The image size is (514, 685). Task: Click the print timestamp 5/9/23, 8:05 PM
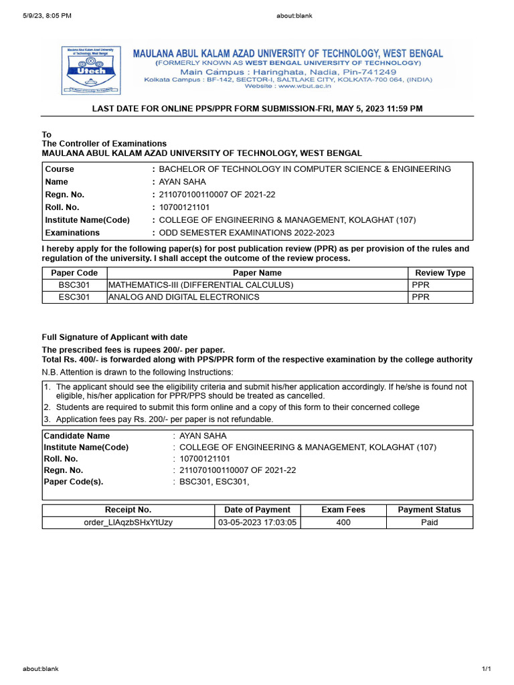[47, 15]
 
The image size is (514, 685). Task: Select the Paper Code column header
[74, 273]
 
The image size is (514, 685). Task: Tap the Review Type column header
[440, 273]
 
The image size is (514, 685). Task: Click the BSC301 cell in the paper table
[74, 285]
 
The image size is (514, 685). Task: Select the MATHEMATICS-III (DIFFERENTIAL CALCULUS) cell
[201, 285]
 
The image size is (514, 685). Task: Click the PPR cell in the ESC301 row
[420, 297]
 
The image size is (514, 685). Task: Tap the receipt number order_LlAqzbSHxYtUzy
[128, 522]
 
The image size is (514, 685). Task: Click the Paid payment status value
[429, 522]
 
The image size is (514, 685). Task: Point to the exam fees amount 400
[343, 522]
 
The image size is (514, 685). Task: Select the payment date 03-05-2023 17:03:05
[257, 522]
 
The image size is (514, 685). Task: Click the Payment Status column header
[429, 510]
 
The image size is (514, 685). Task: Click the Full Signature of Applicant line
[114, 337]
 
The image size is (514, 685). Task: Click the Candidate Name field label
[76, 435]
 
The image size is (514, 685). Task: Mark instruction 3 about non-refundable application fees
[164, 419]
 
